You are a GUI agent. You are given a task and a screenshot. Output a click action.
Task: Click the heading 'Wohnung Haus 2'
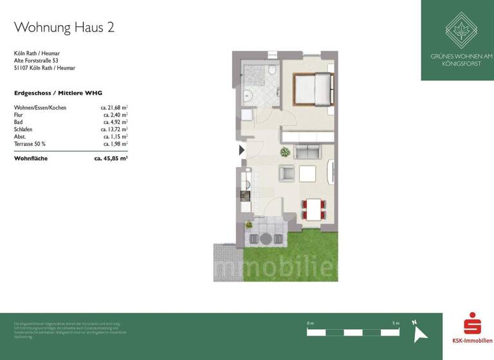coord(64,27)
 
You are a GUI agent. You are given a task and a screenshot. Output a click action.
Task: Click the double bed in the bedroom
coord(313,89)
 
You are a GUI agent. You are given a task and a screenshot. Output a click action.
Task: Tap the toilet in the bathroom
coord(273,71)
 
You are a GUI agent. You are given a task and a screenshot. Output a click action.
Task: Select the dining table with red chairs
coord(313,209)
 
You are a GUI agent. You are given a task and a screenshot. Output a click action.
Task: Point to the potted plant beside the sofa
coord(284,152)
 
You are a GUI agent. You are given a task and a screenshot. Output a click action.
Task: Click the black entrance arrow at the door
coord(242,150)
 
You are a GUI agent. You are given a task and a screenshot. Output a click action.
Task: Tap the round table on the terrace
coord(266,239)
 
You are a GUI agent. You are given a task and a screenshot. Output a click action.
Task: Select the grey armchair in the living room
coord(286,173)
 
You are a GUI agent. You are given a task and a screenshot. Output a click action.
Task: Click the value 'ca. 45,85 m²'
coord(111,157)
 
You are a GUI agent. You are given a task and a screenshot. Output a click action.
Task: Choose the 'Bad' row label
coord(19,122)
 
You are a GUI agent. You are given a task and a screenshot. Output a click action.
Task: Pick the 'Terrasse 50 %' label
coord(30,143)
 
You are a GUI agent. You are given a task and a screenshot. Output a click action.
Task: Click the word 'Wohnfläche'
coord(31,157)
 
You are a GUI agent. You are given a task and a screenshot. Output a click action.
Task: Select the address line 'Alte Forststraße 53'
coord(41,60)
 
